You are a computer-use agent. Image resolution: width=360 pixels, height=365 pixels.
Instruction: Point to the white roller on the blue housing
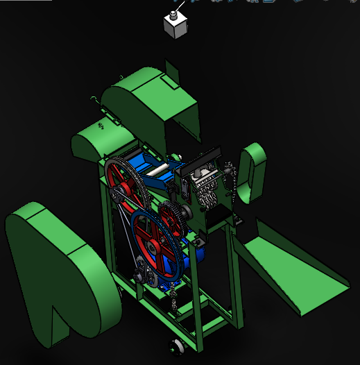click(157, 169)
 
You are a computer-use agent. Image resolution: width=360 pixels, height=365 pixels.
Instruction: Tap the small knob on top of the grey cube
click(173, 13)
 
